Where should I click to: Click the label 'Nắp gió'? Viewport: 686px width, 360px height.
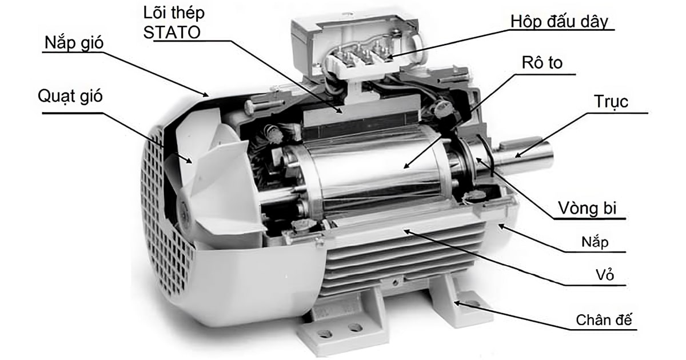tap(74, 42)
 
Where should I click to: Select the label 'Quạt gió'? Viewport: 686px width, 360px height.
tap(70, 96)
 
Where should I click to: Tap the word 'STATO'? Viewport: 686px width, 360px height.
tap(172, 32)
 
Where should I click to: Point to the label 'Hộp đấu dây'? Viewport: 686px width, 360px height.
tap(559, 22)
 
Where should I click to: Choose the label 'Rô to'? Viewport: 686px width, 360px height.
tap(542, 62)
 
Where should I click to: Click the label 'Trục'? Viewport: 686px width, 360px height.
tap(611, 101)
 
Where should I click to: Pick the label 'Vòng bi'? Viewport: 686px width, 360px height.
tap(588, 208)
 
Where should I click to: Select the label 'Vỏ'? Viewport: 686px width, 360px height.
tap(605, 275)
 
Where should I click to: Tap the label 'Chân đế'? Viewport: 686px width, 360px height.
tap(604, 320)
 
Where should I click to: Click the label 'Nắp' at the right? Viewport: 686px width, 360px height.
tap(595, 242)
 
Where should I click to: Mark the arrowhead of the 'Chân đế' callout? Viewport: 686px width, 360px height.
tap(456, 303)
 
